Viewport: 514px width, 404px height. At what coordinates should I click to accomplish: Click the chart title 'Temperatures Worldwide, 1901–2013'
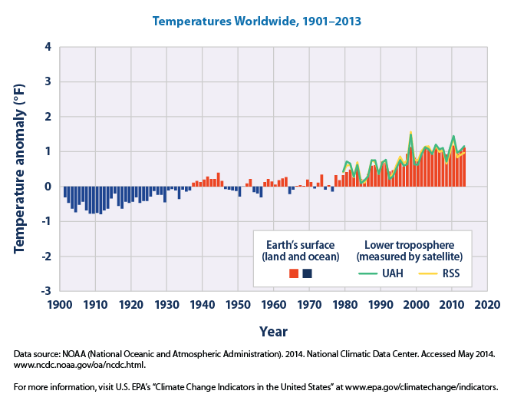(258, 21)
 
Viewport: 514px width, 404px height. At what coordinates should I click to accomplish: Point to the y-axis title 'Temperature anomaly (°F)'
(18, 169)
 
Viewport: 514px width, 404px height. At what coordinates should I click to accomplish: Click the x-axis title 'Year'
(273, 331)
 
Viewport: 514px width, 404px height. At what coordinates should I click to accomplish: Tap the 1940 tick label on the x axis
(202, 305)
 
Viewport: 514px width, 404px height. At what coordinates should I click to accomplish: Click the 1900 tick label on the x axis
(60, 305)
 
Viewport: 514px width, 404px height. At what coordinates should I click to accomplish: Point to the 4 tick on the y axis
(48, 47)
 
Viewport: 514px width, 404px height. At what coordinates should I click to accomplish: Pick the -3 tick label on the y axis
(45, 291)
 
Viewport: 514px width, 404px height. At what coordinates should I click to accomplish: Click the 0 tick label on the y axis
(48, 187)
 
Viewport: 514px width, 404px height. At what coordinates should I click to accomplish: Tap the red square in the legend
(294, 273)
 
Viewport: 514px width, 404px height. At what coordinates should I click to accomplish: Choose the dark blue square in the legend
(307, 273)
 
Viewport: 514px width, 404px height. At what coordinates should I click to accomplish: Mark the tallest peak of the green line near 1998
(410, 134)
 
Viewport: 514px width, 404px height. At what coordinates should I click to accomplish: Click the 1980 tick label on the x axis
(344, 305)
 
